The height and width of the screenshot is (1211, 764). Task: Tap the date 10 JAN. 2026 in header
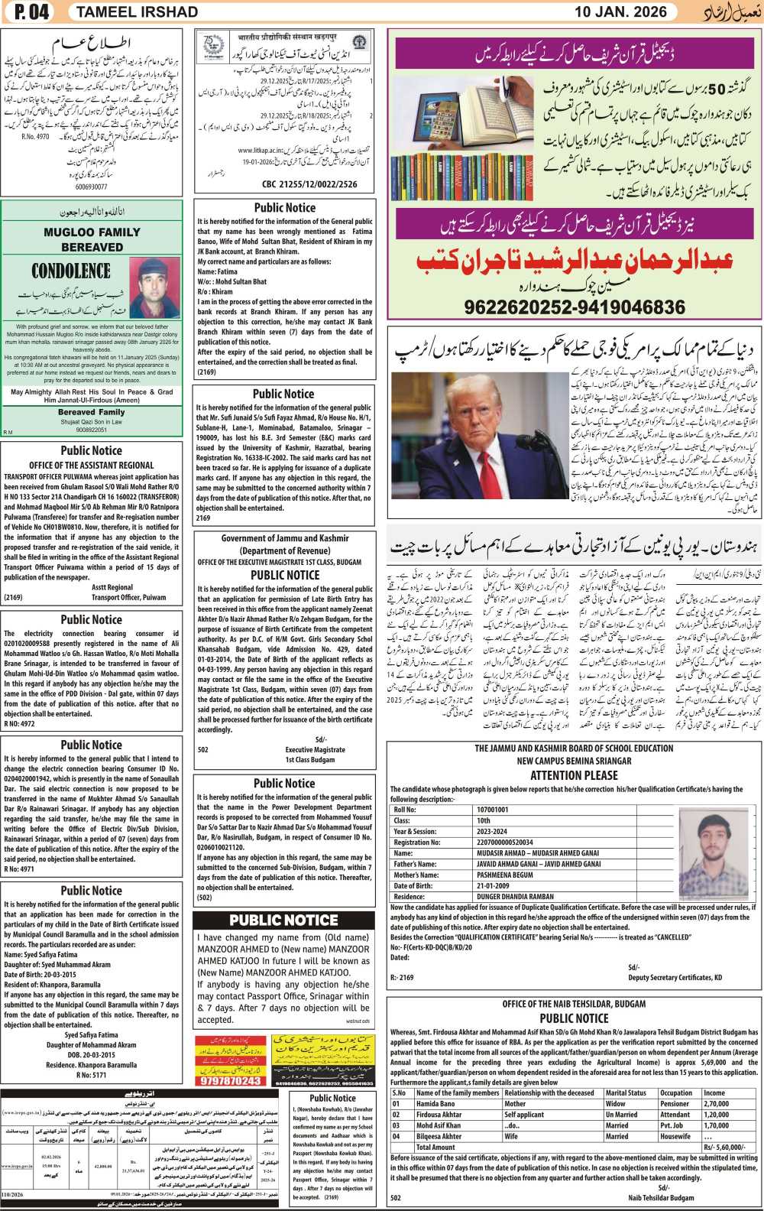pyautogui.click(x=620, y=12)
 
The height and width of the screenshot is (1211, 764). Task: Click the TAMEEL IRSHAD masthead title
pyautogui.click(x=138, y=12)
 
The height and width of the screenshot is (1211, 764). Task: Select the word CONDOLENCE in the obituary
pyautogui.click(x=71, y=271)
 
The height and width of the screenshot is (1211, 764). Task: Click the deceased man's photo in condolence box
pyautogui.click(x=154, y=287)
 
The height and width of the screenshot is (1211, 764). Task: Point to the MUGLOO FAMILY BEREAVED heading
pyautogui.click(x=92, y=239)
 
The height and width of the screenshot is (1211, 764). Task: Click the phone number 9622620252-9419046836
pyautogui.click(x=575, y=307)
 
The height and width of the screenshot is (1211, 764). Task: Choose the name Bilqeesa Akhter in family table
pyautogui.click(x=439, y=1136)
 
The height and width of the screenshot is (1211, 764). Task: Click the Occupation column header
pyautogui.click(x=676, y=1093)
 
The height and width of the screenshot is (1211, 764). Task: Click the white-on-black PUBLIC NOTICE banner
pyautogui.click(x=283, y=920)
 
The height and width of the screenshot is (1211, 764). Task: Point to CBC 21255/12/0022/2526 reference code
pyautogui.click(x=309, y=184)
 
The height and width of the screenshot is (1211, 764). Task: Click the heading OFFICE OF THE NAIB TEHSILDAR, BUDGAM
pyautogui.click(x=574, y=1004)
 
